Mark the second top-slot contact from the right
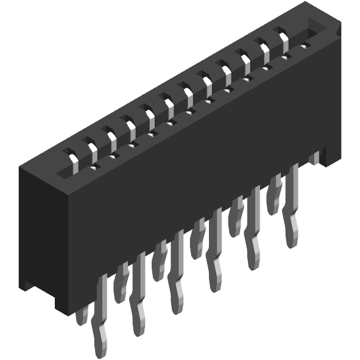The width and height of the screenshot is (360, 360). pos(265,49)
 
